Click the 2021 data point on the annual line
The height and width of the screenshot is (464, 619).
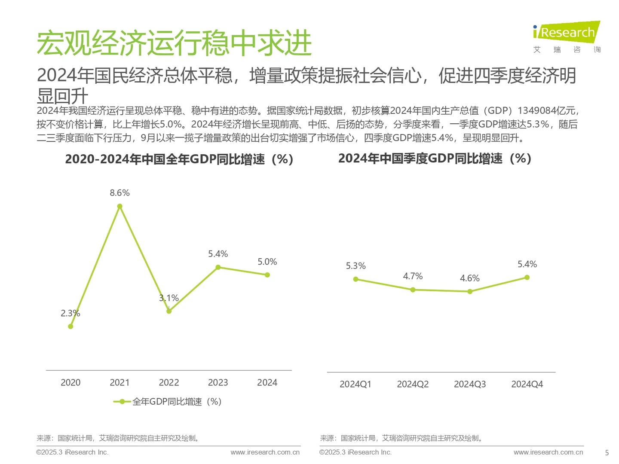coord(120,206)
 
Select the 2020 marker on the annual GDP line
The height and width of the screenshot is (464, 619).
coord(70,327)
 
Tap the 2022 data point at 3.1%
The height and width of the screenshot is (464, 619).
coord(169,311)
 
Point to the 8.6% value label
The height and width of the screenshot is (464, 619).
coord(120,193)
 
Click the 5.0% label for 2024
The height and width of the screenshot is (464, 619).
coord(267,262)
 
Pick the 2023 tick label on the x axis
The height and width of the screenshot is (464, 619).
coord(218,382)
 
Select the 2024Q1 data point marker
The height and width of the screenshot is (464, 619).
coord(355,279)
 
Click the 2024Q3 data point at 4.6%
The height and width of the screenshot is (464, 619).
coord(470,291)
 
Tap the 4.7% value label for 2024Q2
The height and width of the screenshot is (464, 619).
coord(413,276)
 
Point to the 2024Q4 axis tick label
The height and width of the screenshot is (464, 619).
coord(527,384)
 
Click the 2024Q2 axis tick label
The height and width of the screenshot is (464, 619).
coord(413,384)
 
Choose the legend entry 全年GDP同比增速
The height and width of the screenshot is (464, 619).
coord(168,402)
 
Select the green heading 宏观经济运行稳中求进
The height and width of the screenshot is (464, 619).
coord(174,43)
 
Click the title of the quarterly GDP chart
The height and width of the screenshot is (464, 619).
coord(435,159)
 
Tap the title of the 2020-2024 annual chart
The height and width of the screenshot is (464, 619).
coord(179,159)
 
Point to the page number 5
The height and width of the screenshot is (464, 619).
coord(607,452)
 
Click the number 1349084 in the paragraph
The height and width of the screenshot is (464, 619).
coord(536,111)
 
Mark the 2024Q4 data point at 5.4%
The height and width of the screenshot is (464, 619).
coord(527,278)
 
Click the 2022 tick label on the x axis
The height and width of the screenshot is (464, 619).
coord(169,382)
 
